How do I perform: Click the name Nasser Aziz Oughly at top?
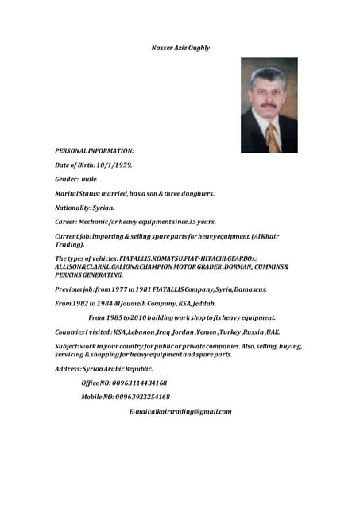(180, 48)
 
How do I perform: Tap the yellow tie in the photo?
(273, 136)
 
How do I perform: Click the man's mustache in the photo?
(268, 105)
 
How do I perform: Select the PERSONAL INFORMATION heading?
(94, 150)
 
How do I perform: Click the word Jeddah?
(200, 303)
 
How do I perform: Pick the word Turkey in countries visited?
(230, 332)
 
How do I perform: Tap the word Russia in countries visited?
(254, 332)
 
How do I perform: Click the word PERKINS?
(68, 274)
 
